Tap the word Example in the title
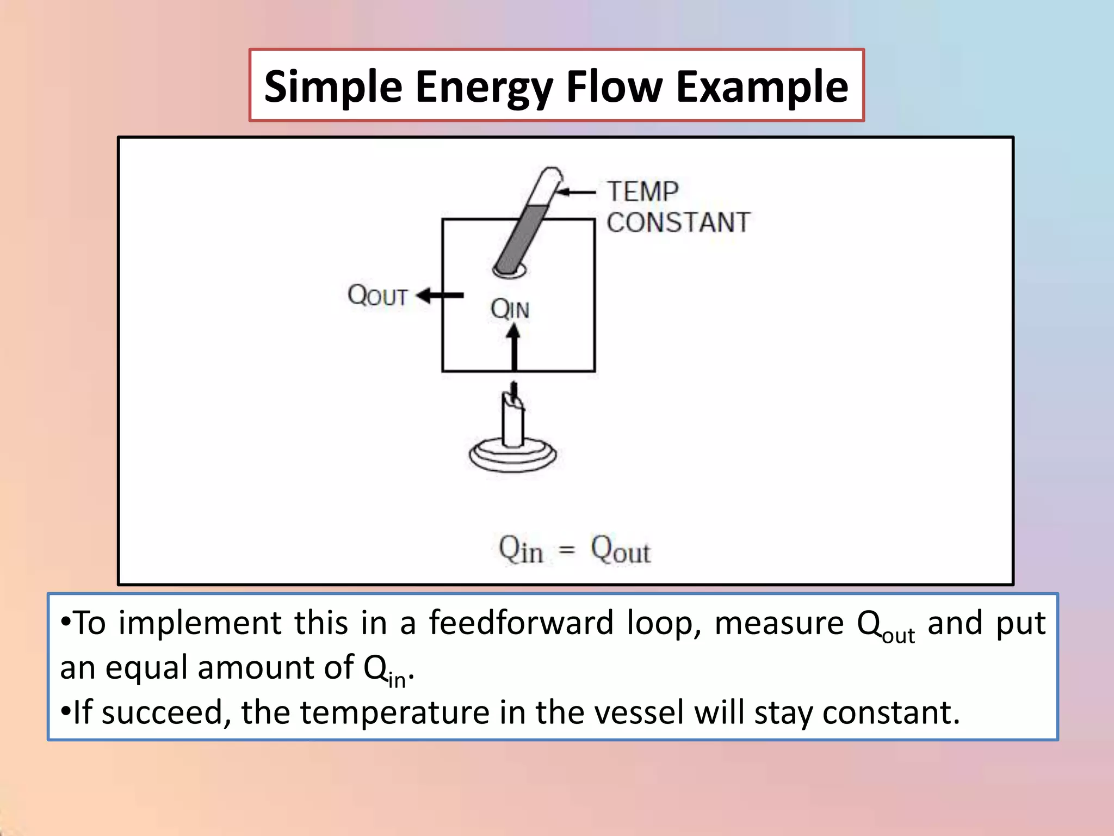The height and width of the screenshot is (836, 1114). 762,87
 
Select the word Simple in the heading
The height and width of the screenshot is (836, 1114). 333,87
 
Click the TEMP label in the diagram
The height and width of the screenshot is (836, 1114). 643,192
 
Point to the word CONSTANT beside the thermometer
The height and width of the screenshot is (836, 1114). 678,223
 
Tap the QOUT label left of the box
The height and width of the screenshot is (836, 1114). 377,296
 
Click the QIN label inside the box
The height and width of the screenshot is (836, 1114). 510,309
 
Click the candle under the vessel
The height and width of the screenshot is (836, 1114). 513,419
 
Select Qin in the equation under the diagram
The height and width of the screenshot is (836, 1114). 521,550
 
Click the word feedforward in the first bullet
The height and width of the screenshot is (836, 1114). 521,623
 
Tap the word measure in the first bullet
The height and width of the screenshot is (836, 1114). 779,623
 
